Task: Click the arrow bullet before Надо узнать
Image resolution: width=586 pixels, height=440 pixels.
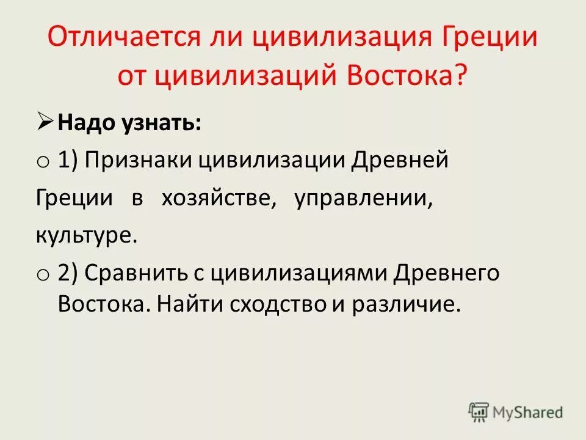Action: point(46,124)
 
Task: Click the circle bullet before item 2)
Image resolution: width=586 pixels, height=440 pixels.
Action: point(42,276)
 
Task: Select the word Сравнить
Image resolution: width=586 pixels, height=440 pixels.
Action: point(136,273)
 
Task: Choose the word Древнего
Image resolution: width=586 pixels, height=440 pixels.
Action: point(446,273)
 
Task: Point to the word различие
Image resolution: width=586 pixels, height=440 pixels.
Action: point(403,304)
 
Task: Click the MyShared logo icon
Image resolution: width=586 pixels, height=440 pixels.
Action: point(479,413)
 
